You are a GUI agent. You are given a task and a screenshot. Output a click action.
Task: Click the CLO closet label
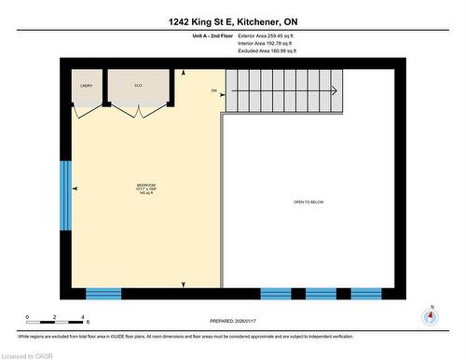pos(137,85)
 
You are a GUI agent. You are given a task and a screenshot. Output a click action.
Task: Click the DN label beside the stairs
pos(213,90)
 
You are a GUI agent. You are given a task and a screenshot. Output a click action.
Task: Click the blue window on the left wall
pos(66,195)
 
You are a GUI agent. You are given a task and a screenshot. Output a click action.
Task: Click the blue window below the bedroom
pos(103,293)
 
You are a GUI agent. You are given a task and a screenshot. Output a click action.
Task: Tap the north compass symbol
pos(430,315)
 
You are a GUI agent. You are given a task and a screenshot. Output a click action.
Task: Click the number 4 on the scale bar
pos(88,318)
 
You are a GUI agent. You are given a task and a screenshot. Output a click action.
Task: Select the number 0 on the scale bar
pos(28,318)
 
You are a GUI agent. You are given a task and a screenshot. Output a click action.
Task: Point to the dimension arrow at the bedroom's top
pos(184,73)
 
